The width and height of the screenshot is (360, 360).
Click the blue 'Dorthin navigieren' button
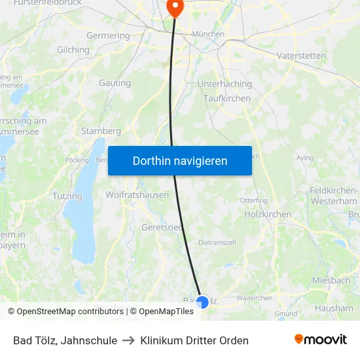pos(180,160)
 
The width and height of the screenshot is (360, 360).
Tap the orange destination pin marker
pos(175,7)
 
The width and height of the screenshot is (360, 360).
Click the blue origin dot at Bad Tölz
pos(202,302)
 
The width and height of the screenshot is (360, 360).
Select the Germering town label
pos(108,35)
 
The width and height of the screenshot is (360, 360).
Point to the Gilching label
pos(73,50)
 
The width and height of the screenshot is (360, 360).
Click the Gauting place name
pos(115,83)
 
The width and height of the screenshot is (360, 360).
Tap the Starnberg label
pos(101,131)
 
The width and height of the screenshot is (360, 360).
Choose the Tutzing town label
pos(67,196)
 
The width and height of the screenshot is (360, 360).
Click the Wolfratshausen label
pos(137,194)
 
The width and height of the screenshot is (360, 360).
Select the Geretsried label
pos(162,227)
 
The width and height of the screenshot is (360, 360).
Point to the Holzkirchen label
pos(267,214)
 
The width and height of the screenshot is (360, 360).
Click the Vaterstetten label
pos(301,56)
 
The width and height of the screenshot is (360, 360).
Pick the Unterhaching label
pos(225,84)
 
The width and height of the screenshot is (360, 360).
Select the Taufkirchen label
pos(227,98)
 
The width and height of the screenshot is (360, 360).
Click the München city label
pos(207,34)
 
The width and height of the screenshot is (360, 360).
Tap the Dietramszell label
pos(217,242)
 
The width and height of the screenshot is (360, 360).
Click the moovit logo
pos(321,340)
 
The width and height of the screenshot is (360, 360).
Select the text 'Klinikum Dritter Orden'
pos(194,340)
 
